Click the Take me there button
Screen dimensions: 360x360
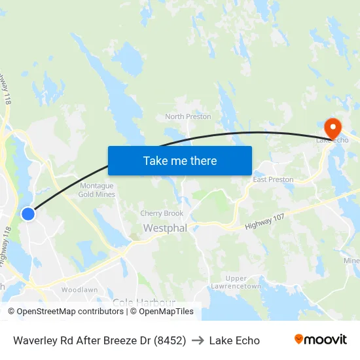(179, 160)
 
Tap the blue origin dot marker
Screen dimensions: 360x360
(27, 214)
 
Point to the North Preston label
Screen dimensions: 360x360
(188, 117)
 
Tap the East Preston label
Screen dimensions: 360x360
(273, 179)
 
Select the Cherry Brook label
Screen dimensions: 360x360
(162, 213)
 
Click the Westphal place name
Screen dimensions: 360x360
(165, 228)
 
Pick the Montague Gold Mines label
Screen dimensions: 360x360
(96, 190)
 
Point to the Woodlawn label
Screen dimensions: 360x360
(79, 289)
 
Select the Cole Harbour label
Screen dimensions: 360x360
(143, 302)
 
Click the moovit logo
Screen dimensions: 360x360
(320, 340)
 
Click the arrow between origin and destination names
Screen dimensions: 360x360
(198, 340)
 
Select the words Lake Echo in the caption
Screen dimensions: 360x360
(234, 340)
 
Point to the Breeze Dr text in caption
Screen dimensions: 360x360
(124, 340)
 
